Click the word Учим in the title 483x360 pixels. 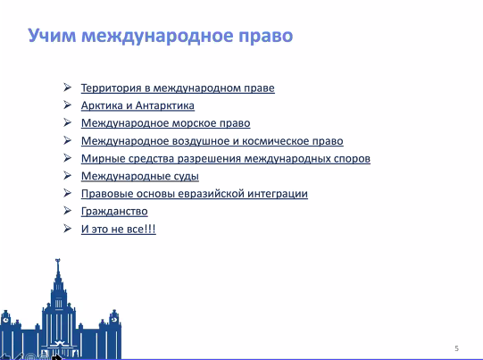point(52,36)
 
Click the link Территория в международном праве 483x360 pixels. point(178,88)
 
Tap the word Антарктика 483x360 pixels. point(165,105)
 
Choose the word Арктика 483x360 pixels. point(102,105)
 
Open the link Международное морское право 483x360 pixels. point(166,123)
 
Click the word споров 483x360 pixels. point(350,159)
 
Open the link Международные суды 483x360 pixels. point(140,176)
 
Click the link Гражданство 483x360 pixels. point(114,212)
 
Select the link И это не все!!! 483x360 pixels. point(118,229)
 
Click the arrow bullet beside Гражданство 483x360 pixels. point(68,211)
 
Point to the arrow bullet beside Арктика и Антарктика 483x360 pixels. point(68,105)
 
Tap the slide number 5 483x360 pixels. point(456,348)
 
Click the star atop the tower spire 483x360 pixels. point(58,261)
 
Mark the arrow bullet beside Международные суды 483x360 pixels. point(68,175)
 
